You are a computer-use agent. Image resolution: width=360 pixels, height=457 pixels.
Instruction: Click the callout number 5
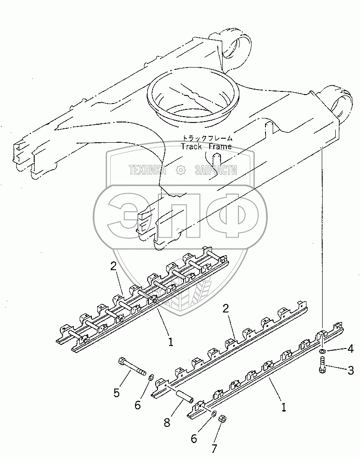[x=117, y=393]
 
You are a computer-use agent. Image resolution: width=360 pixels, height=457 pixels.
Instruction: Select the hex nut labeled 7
[x=222, y=419]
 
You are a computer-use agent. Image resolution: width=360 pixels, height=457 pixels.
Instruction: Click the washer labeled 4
[x=323, y=351]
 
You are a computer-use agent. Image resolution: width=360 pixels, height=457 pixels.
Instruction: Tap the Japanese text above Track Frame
[x=207, y=138]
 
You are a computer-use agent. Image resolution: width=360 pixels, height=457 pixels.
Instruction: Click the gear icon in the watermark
[x=180, y=170]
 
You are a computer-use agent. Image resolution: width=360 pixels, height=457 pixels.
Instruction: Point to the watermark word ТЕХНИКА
[x=147, y=170]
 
